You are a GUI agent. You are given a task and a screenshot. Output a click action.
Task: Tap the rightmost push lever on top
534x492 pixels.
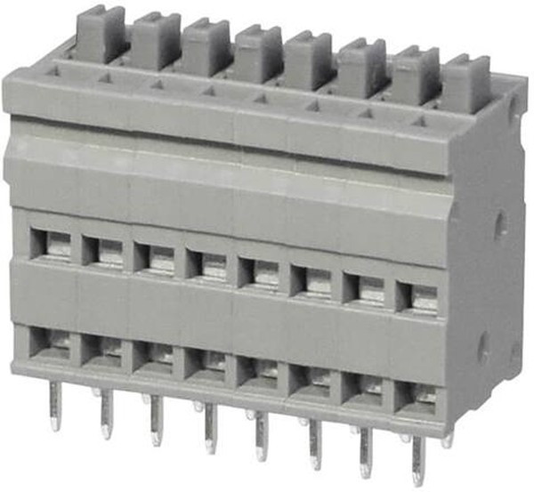point(465,82)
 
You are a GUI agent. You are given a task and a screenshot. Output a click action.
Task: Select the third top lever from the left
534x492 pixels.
point(207,46)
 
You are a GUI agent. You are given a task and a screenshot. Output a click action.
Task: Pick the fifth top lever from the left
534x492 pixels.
point(308,59)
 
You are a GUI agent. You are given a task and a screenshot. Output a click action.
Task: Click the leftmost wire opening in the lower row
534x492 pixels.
point(50,343)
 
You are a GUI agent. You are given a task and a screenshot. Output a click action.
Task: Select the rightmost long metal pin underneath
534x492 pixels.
point(417,459)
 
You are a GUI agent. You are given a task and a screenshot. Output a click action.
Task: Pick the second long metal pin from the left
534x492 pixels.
point(107,413)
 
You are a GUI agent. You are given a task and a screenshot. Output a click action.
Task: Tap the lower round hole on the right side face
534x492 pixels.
point(483,347)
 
